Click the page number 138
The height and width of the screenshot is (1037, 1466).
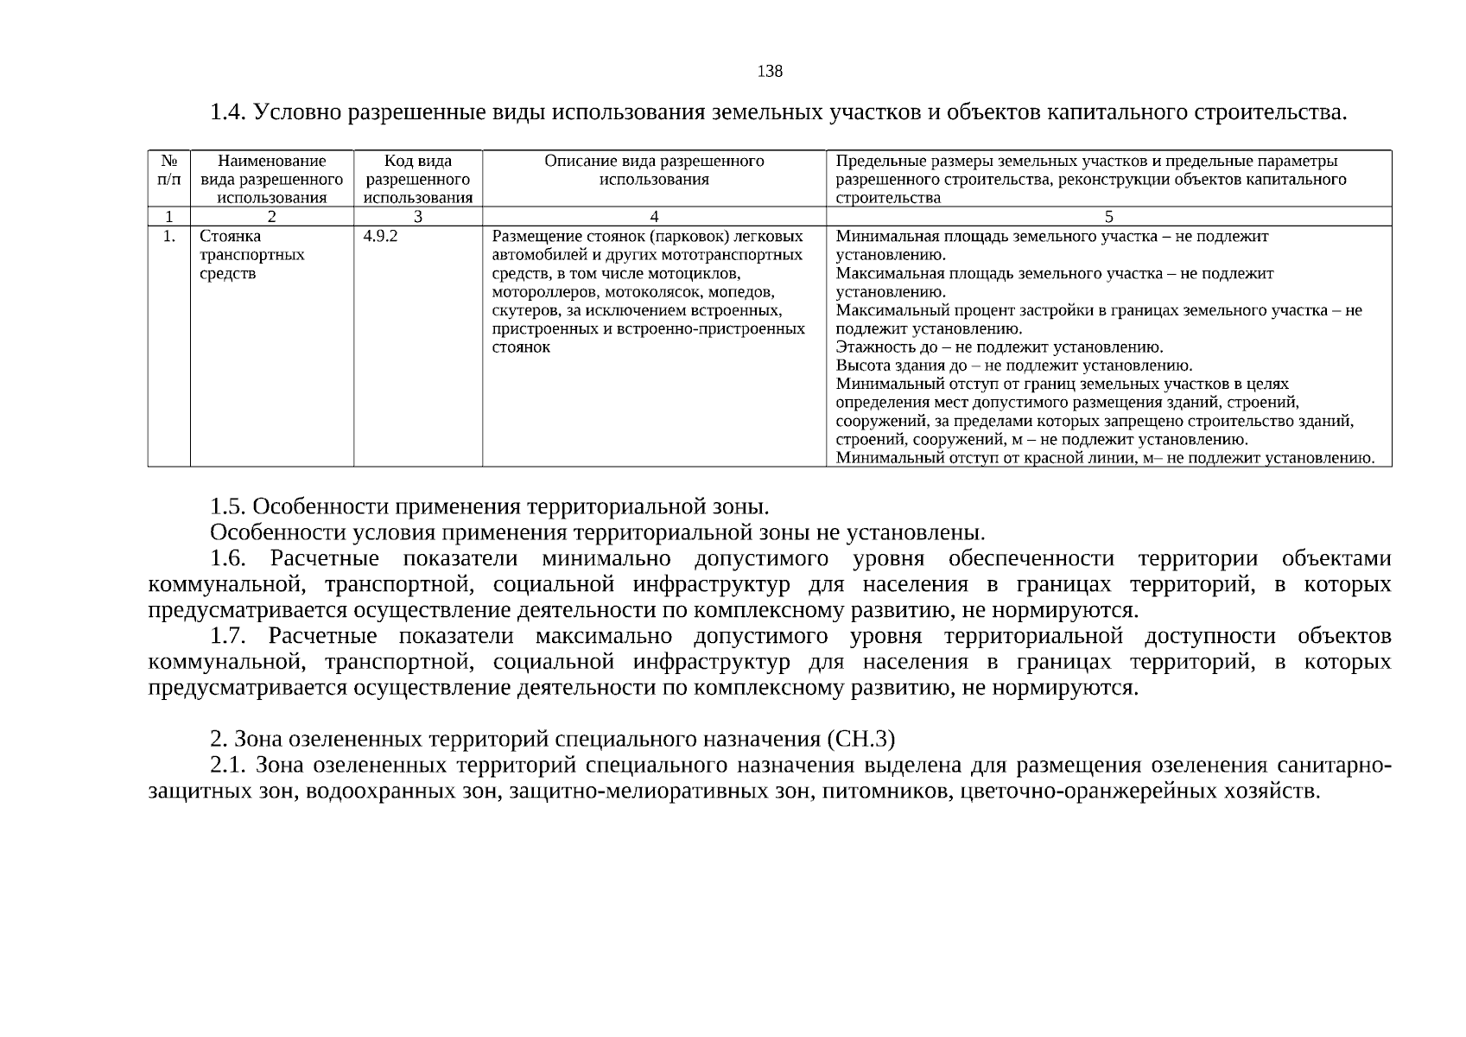tap(769, 72)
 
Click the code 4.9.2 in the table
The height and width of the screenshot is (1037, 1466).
tap(380, 237)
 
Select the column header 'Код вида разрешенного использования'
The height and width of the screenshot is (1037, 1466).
tap(418, 179)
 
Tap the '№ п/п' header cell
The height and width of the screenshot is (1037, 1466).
tap(168, 170)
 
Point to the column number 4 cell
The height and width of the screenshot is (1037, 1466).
tap(654, 217)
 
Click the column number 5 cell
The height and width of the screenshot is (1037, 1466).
tap(1108, 217)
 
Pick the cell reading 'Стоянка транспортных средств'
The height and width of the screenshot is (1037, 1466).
tap(251, 255)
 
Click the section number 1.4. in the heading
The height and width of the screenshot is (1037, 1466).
tap(229, 113)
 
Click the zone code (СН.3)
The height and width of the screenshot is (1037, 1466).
tap(860, 740)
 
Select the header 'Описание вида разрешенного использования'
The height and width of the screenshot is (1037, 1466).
tap(654, 170)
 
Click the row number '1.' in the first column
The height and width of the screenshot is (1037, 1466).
tap(169, 237)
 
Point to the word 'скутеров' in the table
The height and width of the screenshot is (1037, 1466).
tap(522, 310)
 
